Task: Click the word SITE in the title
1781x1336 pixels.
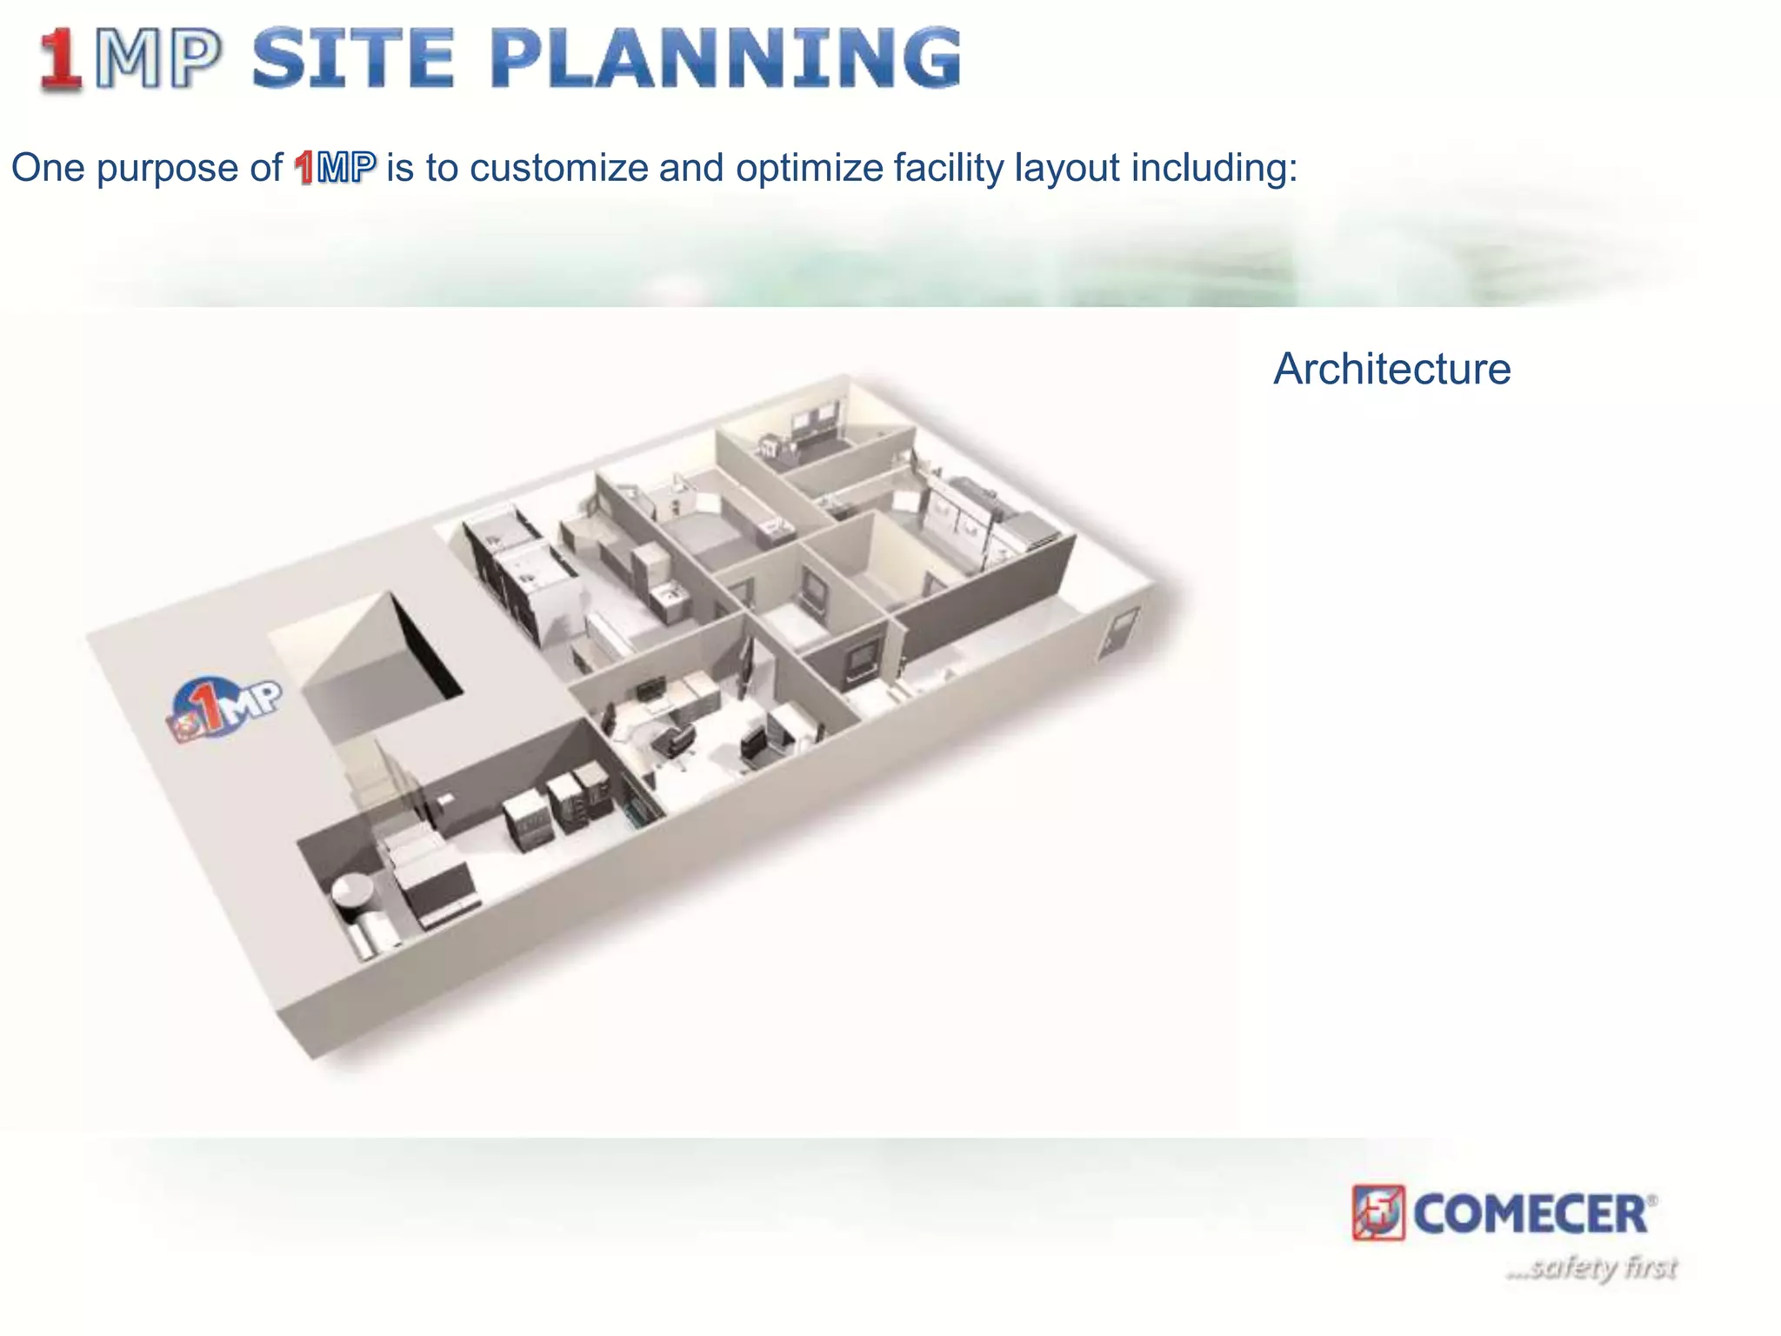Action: [352, 58]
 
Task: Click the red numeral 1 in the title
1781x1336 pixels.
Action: [61, 59]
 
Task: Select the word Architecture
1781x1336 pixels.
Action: [1391, 369]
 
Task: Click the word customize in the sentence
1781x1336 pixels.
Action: [559, 168]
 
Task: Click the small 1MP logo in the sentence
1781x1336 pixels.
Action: [335, 168]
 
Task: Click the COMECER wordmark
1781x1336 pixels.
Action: [1531, 1214]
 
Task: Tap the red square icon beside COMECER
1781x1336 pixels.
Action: [1378, 1212]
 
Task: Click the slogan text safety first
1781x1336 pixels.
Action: [1591, 1267]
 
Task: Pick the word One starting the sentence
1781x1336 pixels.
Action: [48, 168]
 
